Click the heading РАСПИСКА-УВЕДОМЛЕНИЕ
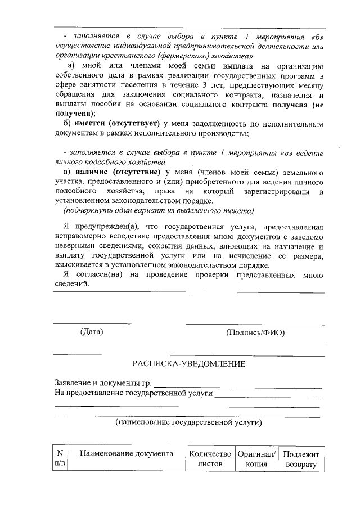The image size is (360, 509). point(188,364)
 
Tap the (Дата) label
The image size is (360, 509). point(92,332)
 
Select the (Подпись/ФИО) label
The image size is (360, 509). point(255,332)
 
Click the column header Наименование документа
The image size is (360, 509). point(127,454)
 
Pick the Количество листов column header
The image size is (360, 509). point(210,459)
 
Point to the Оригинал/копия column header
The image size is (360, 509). point(256,459)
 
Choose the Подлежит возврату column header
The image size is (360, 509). point(301,459)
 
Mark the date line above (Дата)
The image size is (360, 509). point(92,323)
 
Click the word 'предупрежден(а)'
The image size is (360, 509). point(105,226)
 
